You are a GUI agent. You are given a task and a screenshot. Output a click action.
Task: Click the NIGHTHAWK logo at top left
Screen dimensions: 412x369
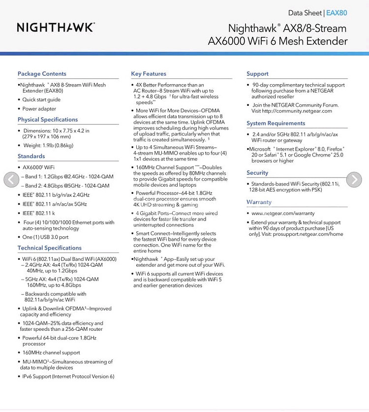pyautogui.click(x=56, y=27)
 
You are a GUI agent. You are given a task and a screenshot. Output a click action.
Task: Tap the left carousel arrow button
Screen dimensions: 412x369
pyautogui.click(x=11, y=180)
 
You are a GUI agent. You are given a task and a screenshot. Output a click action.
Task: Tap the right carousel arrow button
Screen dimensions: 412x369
pyautogui.click(x=354, y=180)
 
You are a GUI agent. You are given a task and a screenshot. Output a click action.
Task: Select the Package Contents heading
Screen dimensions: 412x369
pyautogui.click(x=42, y=74)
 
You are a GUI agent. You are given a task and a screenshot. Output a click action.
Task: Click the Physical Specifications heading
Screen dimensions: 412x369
pyautogui.click(x=48, y=120)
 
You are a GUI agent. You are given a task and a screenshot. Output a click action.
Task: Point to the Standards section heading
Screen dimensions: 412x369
pyautogui.click(x=31, y=156)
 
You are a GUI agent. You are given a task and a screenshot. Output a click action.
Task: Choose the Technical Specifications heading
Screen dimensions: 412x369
pyautogui.click(x=50, y=248)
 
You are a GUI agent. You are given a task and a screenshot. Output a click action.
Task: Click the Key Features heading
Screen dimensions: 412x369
pyautogui.click(x=149, y=74)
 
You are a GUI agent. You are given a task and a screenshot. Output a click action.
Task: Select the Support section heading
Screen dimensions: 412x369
pyautogui.click(x=257, y=74)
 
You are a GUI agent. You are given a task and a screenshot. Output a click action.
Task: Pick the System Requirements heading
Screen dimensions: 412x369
pyautogui.click(x=276, y=123)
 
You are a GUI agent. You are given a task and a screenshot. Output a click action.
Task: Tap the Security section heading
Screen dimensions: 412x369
pyautogui.click(x=257, y=173)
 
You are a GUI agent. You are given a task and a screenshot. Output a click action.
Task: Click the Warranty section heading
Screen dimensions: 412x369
pyautogui.click(x=259, y=202)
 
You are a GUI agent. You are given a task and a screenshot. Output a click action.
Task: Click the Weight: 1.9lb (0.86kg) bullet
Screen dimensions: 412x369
pyautogui.click(x=48, y=145)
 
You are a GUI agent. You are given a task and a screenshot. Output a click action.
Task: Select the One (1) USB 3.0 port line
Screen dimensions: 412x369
pyautogui.click(x=45, y=237)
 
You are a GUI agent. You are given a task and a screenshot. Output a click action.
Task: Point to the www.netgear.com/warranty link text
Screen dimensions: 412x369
pyautogui.click(x=283, y=214)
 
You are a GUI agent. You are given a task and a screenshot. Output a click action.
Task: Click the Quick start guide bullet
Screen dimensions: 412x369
pyautogui.click(x=41, y=99)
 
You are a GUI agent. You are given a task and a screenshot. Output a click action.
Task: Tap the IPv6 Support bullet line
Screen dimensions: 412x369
pyautogui.click(x=68, y=377)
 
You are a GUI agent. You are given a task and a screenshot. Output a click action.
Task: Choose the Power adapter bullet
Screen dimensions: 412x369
pyautogui.click(x=39, y=109)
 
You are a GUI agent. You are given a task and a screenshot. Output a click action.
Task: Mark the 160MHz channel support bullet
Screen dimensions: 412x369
pyautogui.click(x=51, y=352)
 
